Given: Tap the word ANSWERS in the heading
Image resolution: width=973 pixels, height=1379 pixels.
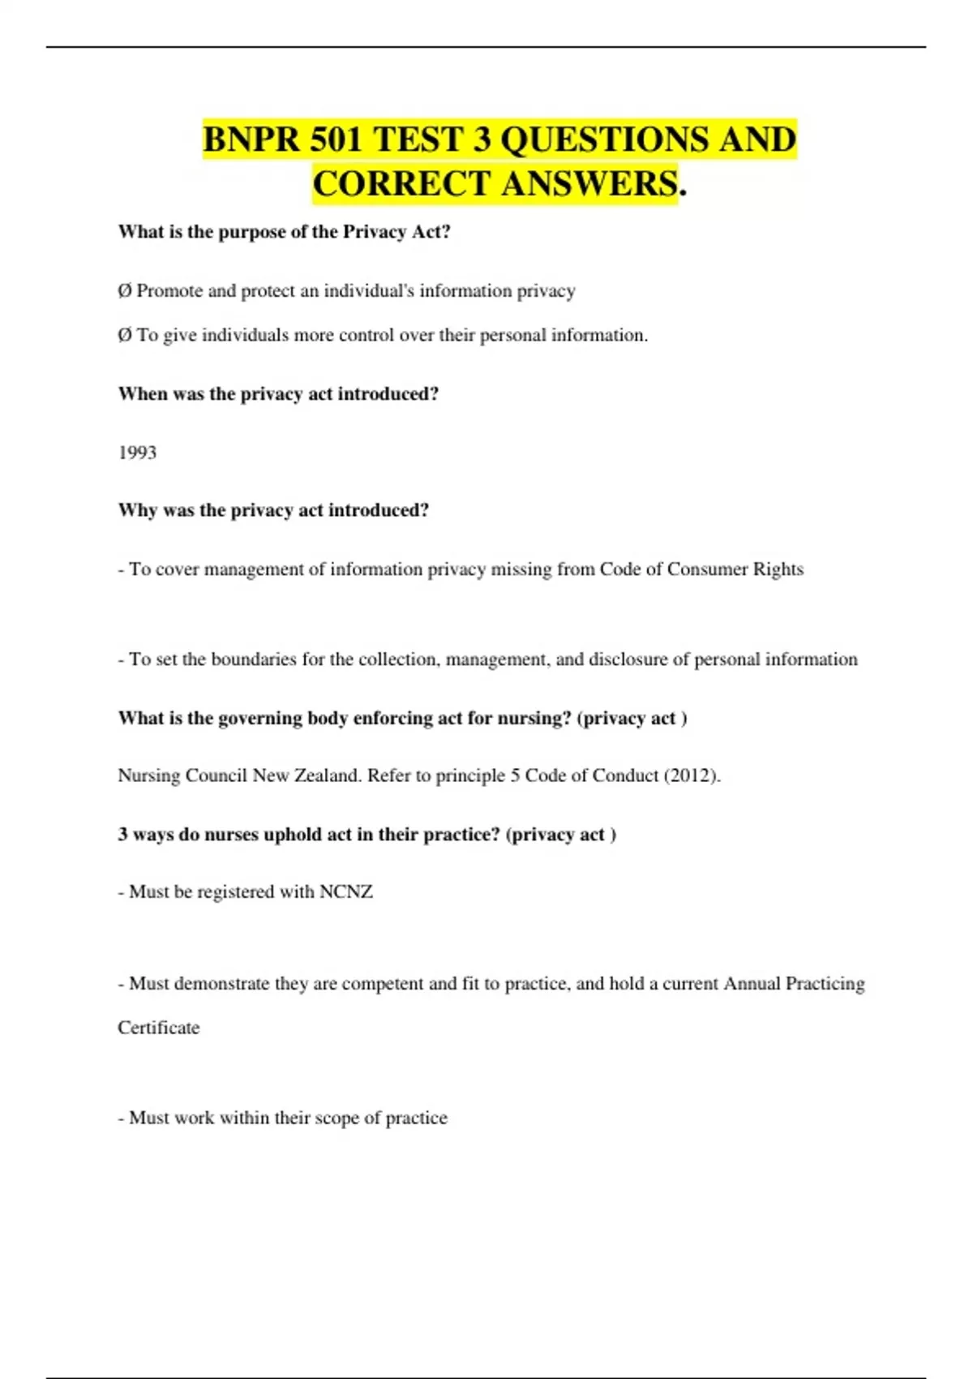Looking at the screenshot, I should (589, 183).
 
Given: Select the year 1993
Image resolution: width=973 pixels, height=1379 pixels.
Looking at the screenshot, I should (137, 453).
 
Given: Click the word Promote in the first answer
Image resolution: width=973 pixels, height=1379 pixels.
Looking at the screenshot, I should (169, 291).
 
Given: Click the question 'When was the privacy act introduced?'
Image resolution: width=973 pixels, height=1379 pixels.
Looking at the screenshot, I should (278, 394).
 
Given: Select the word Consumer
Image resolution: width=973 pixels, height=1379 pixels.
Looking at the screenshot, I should (706, 569).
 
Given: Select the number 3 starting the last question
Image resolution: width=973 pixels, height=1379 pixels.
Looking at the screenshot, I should (122, 835).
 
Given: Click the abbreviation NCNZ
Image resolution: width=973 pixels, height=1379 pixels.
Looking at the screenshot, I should (346, 892).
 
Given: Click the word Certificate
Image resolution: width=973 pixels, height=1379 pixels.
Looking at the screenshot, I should (158, 1028).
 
